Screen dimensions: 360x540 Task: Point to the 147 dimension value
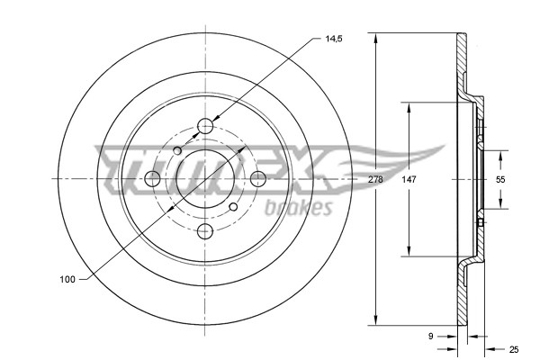pyautogui.click(x=409, y=180)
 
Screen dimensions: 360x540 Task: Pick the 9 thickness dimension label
pyautogui.click(x=432, y=337)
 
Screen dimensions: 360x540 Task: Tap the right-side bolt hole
pyautogui.click(x=257, y=178)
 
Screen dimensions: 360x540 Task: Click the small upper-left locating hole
pyautogui.click(x=178, y=149)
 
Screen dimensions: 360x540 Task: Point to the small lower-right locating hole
pyautogui.click(x=234, y=207)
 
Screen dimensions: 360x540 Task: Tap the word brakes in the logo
pyautogui.click(x=299, y=209)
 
